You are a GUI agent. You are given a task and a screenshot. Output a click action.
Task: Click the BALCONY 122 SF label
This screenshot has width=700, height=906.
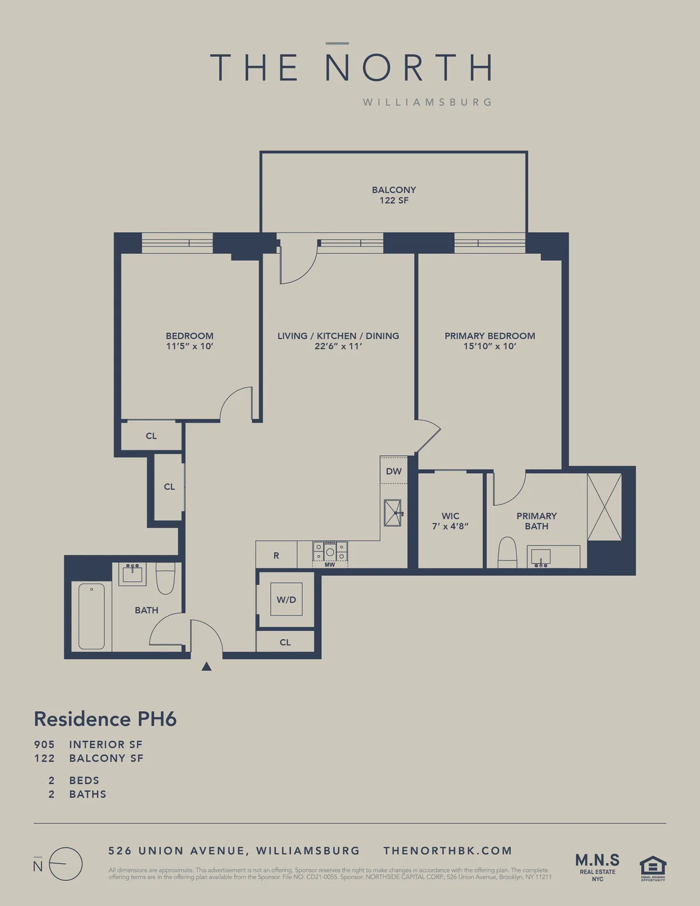click(x=394, y=195)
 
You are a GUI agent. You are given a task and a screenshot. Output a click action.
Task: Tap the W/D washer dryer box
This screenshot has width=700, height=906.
click(x=286, y=599)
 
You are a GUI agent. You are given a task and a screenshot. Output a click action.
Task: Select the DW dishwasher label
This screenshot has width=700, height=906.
click(x=394, y=471)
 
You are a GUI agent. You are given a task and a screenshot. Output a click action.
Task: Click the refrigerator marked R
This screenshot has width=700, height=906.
click(x=276, y=555)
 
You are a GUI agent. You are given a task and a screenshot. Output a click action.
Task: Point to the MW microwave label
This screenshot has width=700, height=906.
click(x=330, y=565)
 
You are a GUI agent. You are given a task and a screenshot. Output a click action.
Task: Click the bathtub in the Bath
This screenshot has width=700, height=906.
click(x=92, y=616)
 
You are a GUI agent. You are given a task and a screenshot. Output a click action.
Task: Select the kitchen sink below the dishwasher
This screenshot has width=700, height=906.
click(x=393, y=513)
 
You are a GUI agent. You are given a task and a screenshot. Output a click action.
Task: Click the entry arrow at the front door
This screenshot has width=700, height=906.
click(x=206, y=666)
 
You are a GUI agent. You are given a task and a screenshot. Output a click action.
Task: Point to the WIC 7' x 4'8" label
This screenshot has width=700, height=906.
click(x=450, y=521)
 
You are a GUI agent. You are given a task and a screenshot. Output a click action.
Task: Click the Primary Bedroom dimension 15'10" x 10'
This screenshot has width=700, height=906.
click(x=489, y=346)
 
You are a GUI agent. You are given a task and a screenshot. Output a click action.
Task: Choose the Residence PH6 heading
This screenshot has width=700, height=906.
click(x=105, y=719)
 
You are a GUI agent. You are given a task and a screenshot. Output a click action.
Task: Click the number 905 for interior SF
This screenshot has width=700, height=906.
click(x=44, y=744)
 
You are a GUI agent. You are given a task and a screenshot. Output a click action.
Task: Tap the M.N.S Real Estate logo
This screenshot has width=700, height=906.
click(x=597, y=866)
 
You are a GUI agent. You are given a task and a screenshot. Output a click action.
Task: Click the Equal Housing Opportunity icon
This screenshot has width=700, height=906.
click(x=653, y=867)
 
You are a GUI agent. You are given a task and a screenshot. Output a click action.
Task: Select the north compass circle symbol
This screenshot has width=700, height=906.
click(x=65, y=864)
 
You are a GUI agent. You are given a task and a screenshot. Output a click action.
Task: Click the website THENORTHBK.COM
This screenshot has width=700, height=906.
click(x=447, y=851)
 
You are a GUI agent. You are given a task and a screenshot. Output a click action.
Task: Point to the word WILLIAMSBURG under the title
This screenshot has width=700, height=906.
click(x=427, y=102)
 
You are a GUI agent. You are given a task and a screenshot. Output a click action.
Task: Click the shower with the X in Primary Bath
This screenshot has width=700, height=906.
click(x=604, y=507)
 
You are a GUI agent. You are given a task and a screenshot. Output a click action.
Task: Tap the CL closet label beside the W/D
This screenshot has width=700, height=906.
click(x=285, y=642)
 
